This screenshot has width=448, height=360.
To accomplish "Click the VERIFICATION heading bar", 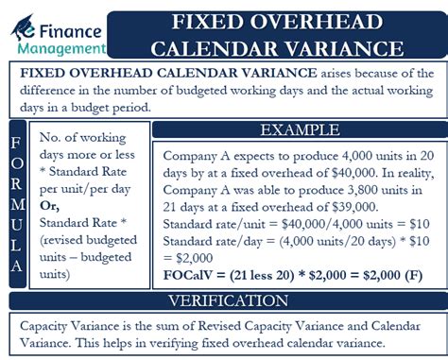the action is [224, 301].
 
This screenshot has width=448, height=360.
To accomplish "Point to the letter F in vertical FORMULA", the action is [16, 145].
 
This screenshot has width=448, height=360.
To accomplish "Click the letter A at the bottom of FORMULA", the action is [16, 267].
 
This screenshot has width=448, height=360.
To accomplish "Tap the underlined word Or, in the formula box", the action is [50, 204].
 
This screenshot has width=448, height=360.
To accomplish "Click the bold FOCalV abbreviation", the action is [193, 274].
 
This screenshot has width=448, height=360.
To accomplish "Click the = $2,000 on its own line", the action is [189, 255].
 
